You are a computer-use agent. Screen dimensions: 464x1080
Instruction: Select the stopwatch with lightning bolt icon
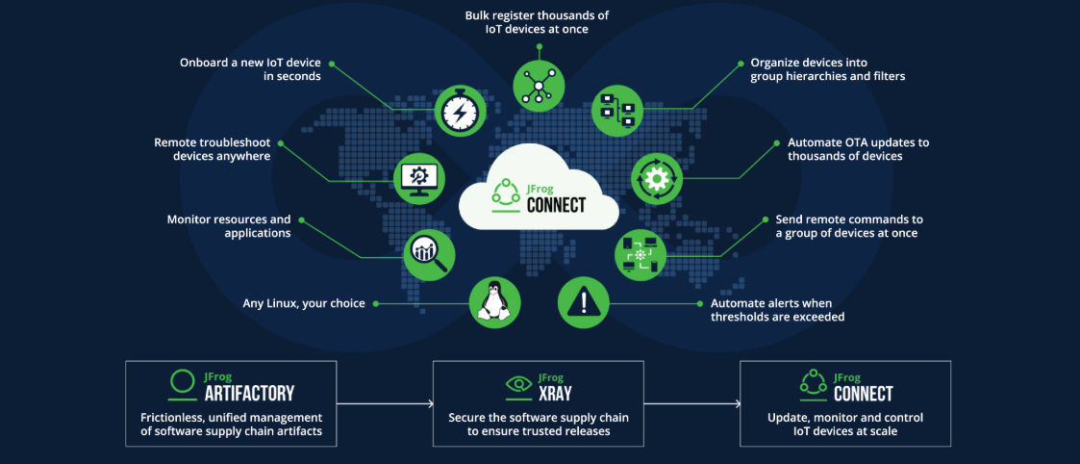click(x=459, y=111)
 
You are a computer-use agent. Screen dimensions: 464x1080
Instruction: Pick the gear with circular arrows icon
click(x=656, y=177)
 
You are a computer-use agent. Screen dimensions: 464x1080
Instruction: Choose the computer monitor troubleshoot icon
click(x=419, y=177)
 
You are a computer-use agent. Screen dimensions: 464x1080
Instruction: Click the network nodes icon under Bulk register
click(x=537, y=81)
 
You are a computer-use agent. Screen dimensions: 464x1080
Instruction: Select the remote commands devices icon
click(x=640, y=252)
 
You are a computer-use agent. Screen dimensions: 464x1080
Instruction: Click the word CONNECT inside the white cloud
click(x=556, y=204)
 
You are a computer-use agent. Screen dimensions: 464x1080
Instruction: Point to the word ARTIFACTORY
click(x=249, y=393)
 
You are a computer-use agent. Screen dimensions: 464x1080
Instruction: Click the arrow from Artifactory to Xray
click(x=385, y=404)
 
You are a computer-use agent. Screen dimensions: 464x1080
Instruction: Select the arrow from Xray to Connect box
click(x=691, y=404)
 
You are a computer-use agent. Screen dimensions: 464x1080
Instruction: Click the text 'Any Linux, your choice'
click(x=304, y=303)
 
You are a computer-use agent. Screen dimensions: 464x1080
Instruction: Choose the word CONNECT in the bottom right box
click(x=863, y=393)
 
